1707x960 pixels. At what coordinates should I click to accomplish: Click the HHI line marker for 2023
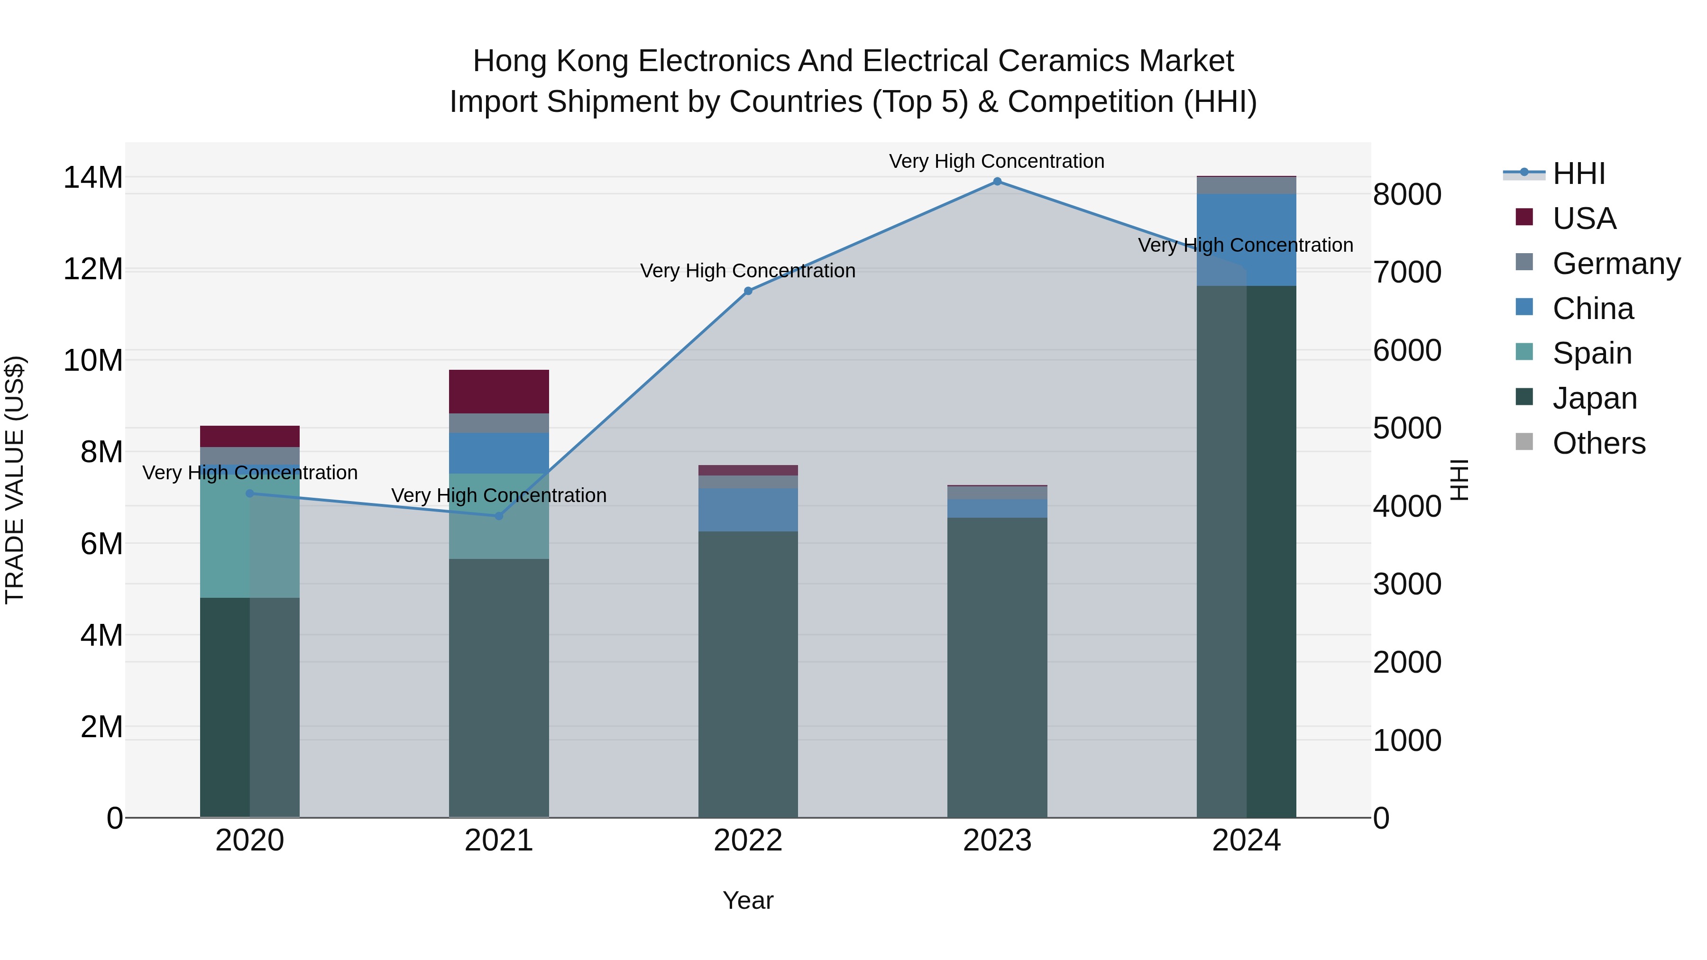click(x=997, y=182)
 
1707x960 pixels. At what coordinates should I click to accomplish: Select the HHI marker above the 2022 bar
click(x=748, y=291)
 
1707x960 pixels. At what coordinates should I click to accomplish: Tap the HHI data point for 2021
click(x=499, y=515)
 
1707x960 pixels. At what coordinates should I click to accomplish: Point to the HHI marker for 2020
click(x=250, y=493)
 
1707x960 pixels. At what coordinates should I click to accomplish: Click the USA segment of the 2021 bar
click(x=499, y=392)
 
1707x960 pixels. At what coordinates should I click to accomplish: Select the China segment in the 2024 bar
click(x=1246, y=240)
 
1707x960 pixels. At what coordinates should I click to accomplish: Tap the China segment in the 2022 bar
click(x=748, y=510)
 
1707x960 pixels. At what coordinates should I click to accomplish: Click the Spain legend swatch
click(x=1524, y=352)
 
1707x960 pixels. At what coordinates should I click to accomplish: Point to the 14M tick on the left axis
click(x=93, y=178)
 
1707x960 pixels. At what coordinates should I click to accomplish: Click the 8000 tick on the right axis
click(x=1407, y=195)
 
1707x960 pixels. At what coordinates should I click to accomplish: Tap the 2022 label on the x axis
click(x=748, y=841)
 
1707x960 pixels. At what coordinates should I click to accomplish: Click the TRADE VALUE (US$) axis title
click(x=15, y=480)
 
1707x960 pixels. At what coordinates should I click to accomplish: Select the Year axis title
click(x=748, y=900)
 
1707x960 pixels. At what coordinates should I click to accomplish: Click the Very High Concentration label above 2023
click(x=997, y=161)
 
